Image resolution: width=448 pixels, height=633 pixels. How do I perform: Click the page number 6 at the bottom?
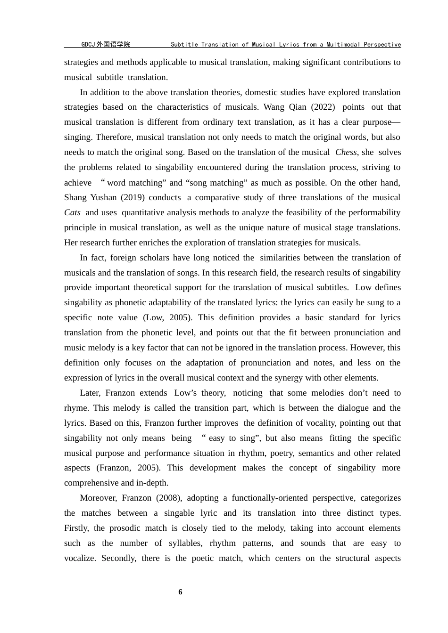point(180,592)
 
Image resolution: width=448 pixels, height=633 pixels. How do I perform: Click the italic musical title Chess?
point(346,152)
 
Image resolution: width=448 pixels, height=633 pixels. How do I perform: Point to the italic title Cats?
point(72,212)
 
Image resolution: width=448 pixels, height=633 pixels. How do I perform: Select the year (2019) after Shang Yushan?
point(132,197)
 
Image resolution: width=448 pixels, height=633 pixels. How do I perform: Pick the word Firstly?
point(75,528)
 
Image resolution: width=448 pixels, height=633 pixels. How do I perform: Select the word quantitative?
point(141,212)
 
